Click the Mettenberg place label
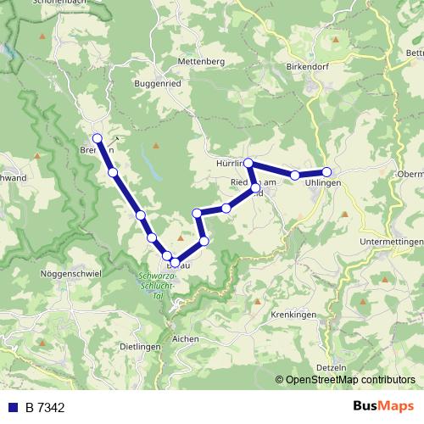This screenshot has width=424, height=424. pos(201,62)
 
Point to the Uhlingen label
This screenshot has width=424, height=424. pos(324,183)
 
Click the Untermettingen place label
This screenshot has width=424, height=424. pos(393,243)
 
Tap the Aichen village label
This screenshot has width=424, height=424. pos(185,338)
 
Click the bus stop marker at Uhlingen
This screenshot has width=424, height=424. pos(326,172)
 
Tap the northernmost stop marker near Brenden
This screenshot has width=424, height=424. pos(97,138)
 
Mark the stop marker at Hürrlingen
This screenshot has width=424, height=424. pos(249,162)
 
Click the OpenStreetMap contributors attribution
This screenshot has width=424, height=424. pos(350,380)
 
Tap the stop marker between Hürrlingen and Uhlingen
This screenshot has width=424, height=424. pos(295,176)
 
